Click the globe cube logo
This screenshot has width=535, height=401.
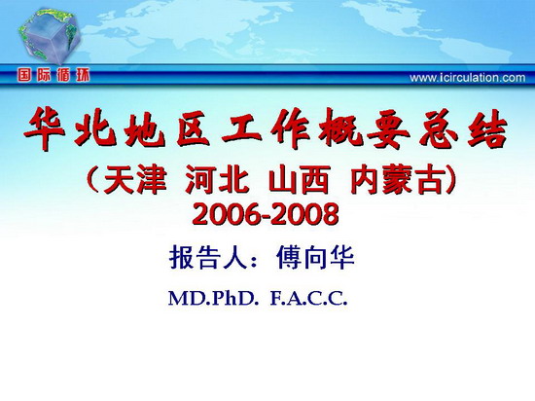[50, 35]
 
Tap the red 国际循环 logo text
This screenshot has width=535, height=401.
[53, 75]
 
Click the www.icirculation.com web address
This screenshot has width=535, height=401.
[468, 78]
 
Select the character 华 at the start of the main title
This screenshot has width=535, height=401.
[45, 129]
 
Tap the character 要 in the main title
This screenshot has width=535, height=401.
[385, 129]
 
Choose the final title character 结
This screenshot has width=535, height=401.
[487, 129]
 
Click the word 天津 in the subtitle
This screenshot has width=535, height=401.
[135, 179]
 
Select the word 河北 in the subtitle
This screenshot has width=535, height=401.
[217, 179]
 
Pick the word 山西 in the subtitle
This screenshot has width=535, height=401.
[300, 179]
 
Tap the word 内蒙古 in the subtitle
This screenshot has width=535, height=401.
[398, 179]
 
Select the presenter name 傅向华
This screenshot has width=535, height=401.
[315, 258]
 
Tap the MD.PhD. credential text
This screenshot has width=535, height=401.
[212, 299]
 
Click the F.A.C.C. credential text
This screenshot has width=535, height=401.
[308, 299]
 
